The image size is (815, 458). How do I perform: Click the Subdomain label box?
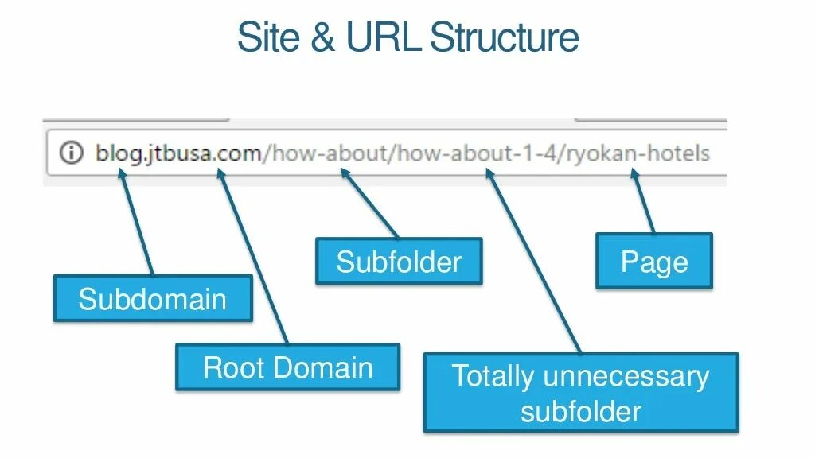tap(152, 299)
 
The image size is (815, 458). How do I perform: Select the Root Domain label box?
tap(287, 367)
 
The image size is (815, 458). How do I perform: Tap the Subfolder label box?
tap(399, 261)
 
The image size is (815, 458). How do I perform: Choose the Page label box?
tap(654, 261)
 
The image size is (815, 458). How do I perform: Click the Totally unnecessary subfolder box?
tap(581, 393)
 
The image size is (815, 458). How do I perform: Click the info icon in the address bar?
tap(72, 152)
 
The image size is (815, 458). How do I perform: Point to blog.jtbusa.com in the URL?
tap(178, 152)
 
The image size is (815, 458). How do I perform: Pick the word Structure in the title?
tap(504, 38)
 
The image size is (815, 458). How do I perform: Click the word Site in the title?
tap(270, 38)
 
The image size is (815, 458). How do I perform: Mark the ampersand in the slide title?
tap(322, 38)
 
